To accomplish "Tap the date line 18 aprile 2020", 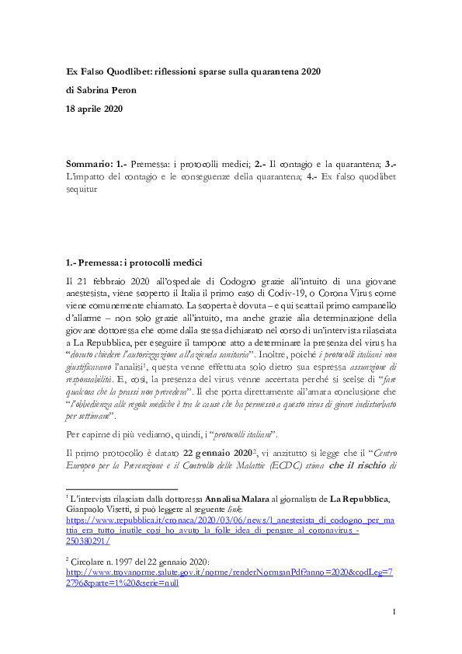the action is (94, 109).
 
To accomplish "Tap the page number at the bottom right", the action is (394, 634).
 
